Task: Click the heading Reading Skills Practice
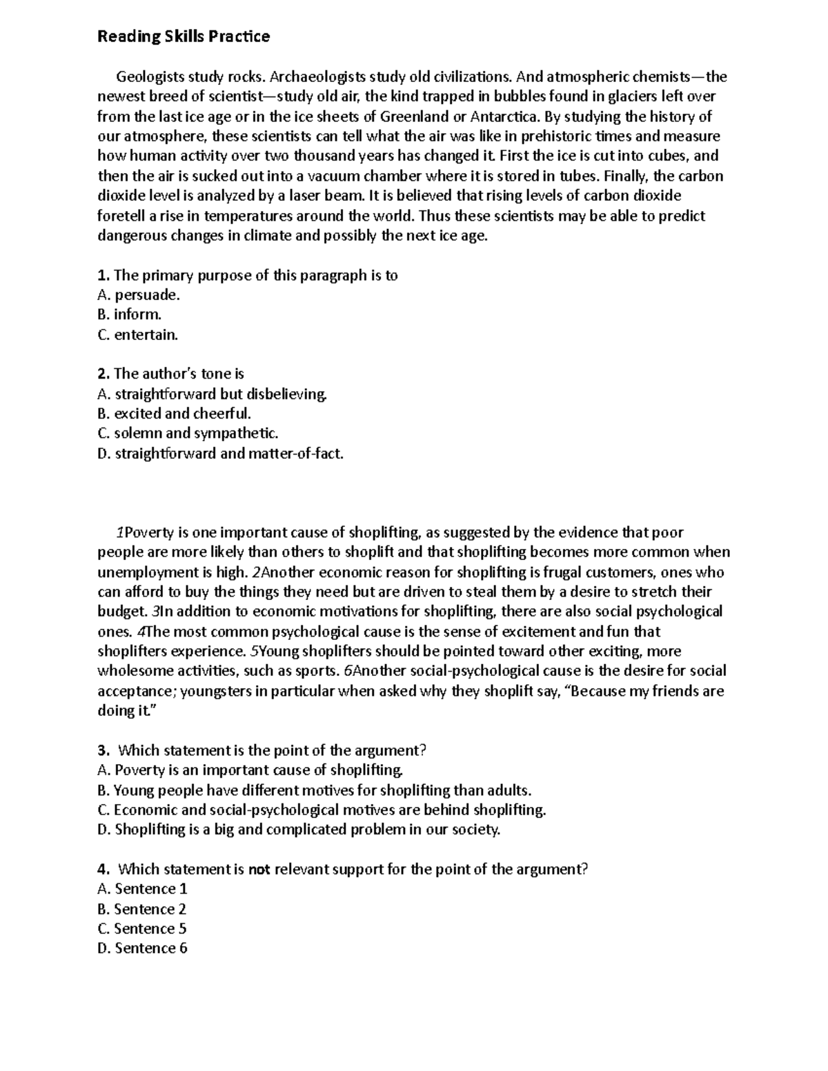pyautogui.click(x=183, y=37)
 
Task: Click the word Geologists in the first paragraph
pyautogui.click(x=148, y=77)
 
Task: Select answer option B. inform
pyautogui.click(x=130, y=315)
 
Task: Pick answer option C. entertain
pyautogui.click(x=138, y=335)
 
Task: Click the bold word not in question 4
pyautogui.click(x=259, y=870)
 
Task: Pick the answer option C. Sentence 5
pyautogui.click(x=142, y=929)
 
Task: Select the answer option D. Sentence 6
pyautogui.click(x=142, y=949)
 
